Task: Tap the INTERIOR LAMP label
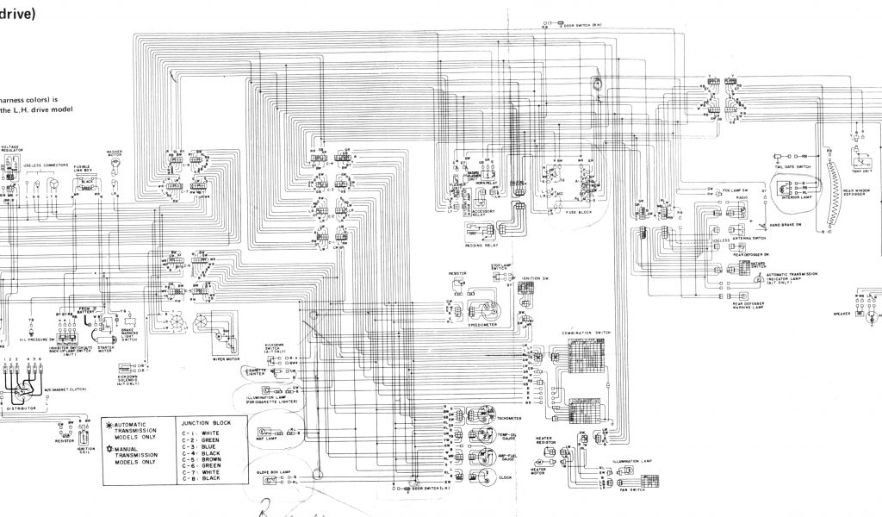click(797, 197)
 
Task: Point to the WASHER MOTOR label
click(115, 153)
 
